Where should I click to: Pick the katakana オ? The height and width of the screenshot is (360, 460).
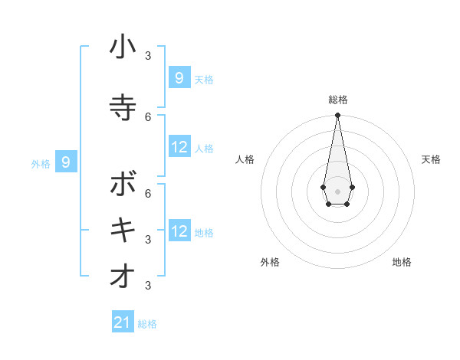pyautogui.click(x=123, y=277)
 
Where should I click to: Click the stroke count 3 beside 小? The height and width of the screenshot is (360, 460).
pyautogui.click(x=148, y=56)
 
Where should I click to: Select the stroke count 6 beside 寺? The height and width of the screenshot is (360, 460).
pyautogui.click(x=148, y=116)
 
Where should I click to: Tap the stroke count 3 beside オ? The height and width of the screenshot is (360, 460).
pyautogui.click(x=148, y=286)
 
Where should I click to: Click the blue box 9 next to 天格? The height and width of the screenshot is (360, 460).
pyautogui.click(x=179, y=77)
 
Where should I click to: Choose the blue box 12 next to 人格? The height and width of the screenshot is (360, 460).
pyautogui.click(x=179, y=147)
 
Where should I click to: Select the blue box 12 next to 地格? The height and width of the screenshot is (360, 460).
pyautogui.click(x=179, y=231)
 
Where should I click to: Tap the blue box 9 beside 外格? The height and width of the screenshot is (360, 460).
pyautogui.click(x=66, y=162)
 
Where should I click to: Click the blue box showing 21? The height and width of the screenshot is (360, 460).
pyautogui.click(x=123, y=322)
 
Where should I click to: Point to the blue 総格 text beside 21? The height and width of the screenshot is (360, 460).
pyautogui.click(x=147, y=324)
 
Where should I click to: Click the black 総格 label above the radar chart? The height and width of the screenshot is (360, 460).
pyautogui.click(x=337, y=100)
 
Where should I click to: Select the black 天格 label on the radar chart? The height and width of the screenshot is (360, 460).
pyautogui.click(x=431, y=159)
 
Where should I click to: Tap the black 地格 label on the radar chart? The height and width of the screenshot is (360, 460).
pyautogui.click(x=402, y=262)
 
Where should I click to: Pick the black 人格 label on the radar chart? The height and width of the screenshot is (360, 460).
pyautogui.click(x=245, y=159)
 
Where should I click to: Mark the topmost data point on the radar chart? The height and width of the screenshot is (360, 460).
pyautogui.click(x=337, y=115)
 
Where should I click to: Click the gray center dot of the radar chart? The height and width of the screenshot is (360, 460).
pyautogui.click(x=337, y=191)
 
